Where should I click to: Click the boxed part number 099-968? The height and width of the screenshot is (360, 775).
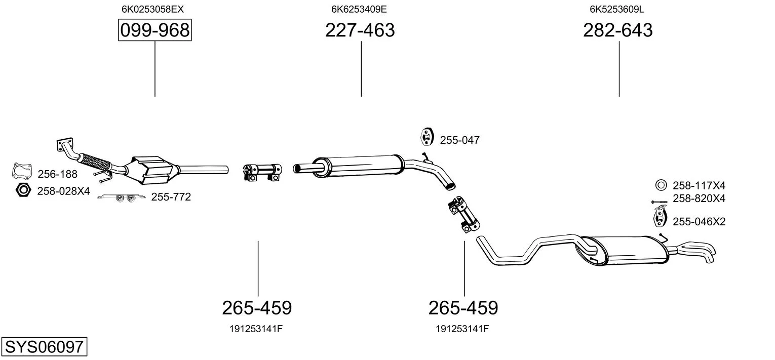click(x=154, y=30)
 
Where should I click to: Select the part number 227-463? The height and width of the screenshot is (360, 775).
click(x=360, y=30)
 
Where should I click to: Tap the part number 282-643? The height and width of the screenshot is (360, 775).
click(x=618, y=30)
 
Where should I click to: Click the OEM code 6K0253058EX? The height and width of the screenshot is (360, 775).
click(x=152, y=9)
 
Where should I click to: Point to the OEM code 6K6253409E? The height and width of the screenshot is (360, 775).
click(x=359, y=9)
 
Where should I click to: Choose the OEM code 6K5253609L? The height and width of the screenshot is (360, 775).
click(x=617, y=9)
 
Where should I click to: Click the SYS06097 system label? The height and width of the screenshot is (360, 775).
click(x=44, y=346)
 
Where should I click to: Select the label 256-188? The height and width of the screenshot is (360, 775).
click(x=57, y=174)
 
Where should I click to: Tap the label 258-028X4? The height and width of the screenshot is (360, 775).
click(x=64, y=191)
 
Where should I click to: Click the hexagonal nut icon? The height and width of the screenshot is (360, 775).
click(x=23, y=190)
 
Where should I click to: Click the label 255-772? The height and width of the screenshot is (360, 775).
click(x=171, y=197)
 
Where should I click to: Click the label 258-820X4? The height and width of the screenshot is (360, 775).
click(x=699, y=198)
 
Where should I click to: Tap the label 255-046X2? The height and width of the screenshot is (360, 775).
click(x=699, y=221)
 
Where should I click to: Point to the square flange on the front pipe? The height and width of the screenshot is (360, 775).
click(x=65, y=144)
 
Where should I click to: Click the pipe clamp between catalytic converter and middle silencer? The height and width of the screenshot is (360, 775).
click(x=262, y=172)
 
